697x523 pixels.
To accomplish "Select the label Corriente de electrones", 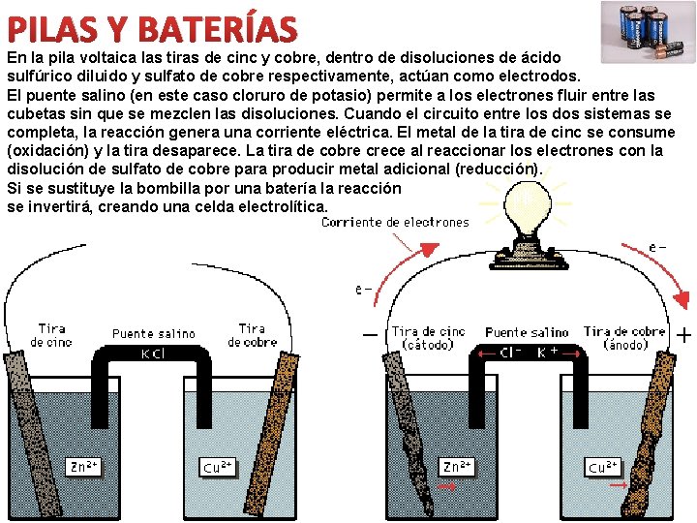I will pyautogui.click(x=395, y=223).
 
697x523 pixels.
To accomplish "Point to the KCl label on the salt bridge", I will pyautogui.click(x=153, y=354).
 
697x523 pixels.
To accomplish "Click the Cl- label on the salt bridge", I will pyautogui.click(x=512, y=354).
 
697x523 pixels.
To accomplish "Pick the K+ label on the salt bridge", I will pyautogui.click(x=548, y=354).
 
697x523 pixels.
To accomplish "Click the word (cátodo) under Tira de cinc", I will pyautogui.click(x=429, y=345).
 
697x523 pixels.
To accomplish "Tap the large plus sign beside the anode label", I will pyautogui.click(x=683, y=336).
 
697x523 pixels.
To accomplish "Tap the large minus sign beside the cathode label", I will pyautogui.click(x=370, y=335).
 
